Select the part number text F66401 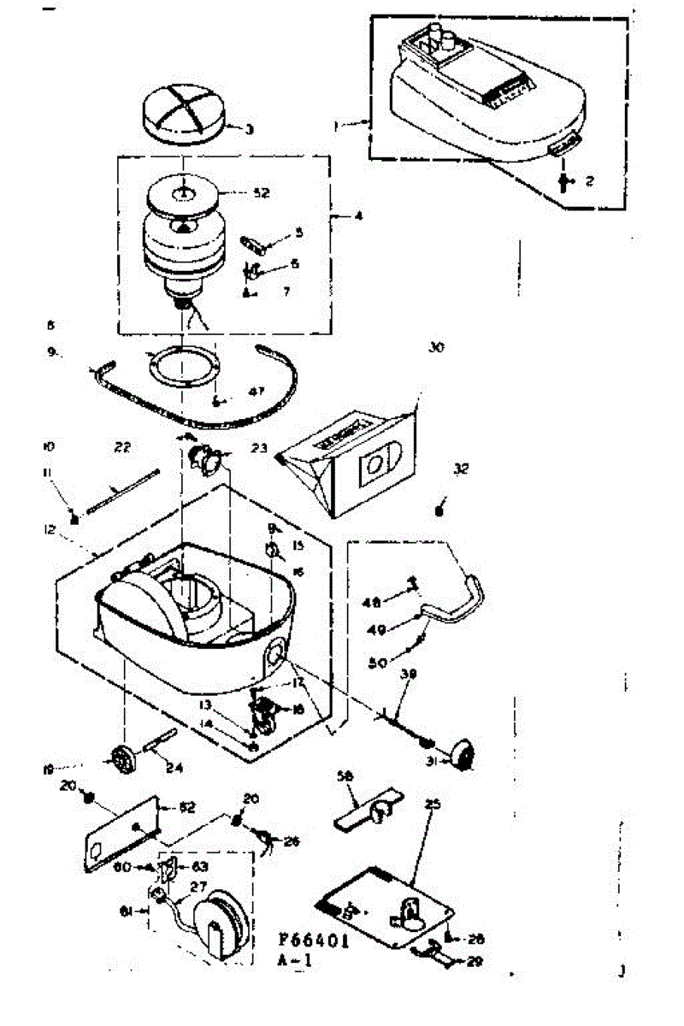[314, 937]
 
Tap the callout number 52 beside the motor [262, 193]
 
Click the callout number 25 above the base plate [432, 805]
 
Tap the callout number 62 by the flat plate [186, 807]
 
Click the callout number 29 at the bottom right [475, 960]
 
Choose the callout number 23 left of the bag [259, 446]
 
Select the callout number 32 [462, 469]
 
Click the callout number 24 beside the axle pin [174, 766]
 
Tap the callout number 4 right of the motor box [358, 216]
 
